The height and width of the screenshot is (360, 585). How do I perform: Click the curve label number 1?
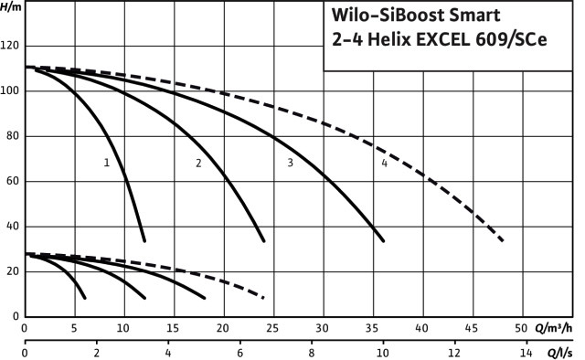tap(107, 163)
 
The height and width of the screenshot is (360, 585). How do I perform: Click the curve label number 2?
tap(198, 163)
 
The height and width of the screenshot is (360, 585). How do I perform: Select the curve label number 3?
tap(291, 163)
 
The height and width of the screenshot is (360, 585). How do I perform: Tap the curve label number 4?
tap(385, 163)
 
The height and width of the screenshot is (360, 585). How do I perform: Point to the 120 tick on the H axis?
tap(10, 46)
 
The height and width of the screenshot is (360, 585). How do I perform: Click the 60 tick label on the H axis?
tap(13, 181)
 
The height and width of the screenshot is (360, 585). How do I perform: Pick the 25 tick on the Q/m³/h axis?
tap(272, 328)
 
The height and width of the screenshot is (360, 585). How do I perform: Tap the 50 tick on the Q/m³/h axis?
tap(521, 328)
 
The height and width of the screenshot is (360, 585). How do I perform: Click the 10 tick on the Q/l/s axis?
tap(383, 353)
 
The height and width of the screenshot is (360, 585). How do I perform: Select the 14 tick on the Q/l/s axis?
tap(526, 353)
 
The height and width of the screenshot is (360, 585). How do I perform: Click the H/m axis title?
tap(11, 6)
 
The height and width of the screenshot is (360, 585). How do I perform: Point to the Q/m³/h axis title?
tap(553, 328)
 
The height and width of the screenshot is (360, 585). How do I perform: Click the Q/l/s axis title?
tap(559, 353)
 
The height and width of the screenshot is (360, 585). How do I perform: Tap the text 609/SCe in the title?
tap(511, 39)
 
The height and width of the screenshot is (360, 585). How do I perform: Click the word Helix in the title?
tap(389, 39)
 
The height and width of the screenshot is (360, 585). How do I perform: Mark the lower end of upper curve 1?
tap(144, 241)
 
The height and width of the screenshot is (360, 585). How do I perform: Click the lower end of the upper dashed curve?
tap(503, 240)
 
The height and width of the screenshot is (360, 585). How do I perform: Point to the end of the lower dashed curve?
tap(264, 298)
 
